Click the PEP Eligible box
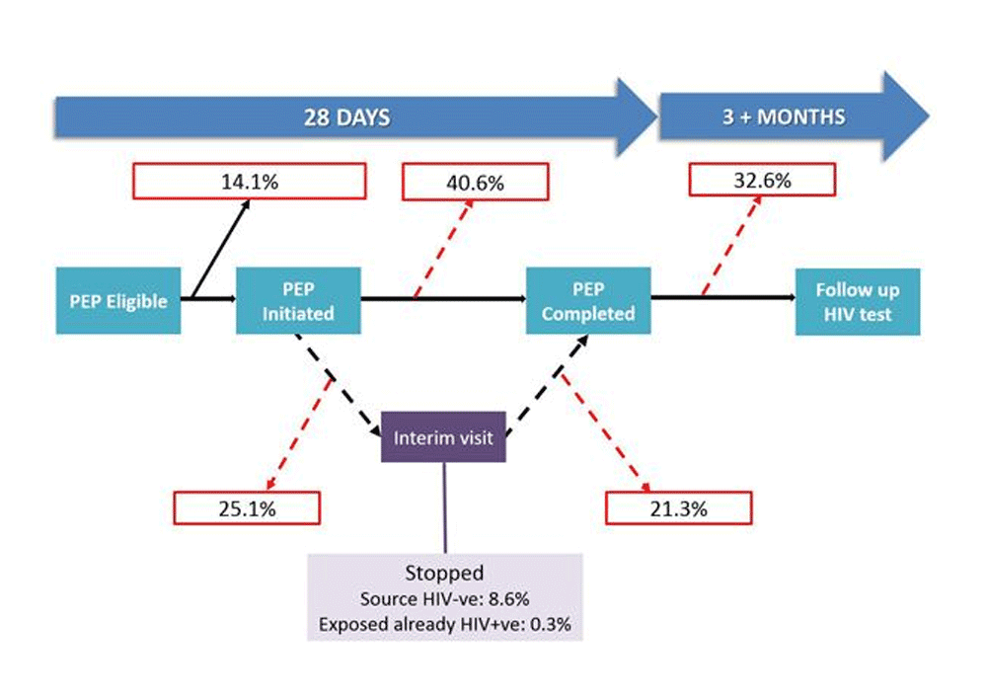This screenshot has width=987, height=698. [x=118, y=301]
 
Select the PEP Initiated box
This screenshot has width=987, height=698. [x=298, y=301]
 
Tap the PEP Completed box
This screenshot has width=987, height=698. [x=588, y=301]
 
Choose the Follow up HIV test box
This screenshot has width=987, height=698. [x=858, y=302]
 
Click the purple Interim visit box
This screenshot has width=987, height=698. [x=444, y=437]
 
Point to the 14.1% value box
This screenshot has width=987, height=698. [x=250, y=182]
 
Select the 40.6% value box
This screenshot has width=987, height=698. [x=476, y=183]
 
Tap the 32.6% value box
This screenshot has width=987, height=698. [x=762, y=181]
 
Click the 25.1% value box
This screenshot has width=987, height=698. [x=247, y=508]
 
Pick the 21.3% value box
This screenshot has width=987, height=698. [x=679, y=508]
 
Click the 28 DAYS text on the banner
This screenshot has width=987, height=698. [x=346, y=117]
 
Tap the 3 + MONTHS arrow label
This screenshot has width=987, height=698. [x=784, y=117]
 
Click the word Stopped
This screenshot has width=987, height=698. [x=444, y=573]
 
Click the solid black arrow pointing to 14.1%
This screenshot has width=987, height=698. [x=220, y=249]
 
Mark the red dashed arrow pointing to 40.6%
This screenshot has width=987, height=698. [x=443, y=249]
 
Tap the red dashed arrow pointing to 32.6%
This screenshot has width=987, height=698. [x=731, y=246]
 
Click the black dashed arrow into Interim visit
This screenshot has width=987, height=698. [x=339, y=386]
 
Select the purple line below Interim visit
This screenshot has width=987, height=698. [x=445, y=508]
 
